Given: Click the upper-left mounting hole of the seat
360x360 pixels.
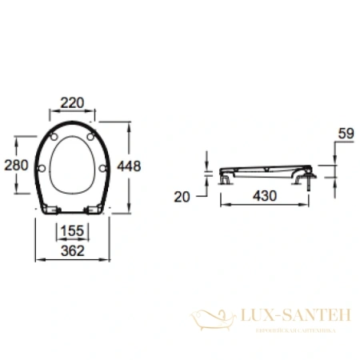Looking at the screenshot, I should [54, 138].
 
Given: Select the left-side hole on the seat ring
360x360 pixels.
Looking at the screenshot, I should [43, 166].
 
